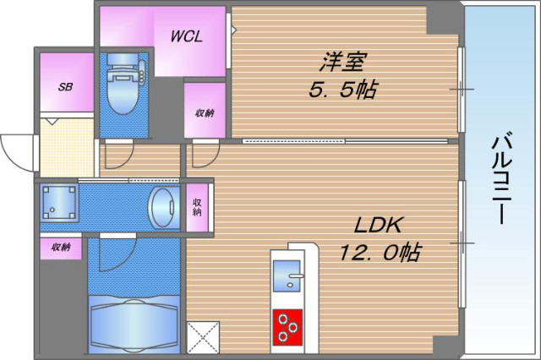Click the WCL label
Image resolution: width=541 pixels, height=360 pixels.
186,36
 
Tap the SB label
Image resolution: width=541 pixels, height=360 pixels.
66,86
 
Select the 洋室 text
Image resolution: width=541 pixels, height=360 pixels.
342,62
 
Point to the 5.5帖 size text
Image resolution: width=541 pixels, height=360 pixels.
342,90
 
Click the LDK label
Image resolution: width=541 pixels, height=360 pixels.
378,226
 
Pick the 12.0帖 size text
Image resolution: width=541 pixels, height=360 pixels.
380,252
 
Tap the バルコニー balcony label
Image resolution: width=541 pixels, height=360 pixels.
501,178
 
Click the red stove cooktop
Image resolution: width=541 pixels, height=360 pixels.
287,327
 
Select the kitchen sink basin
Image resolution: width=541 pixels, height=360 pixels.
287,275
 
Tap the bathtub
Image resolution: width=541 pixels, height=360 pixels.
134,324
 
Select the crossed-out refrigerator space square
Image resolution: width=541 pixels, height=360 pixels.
203,337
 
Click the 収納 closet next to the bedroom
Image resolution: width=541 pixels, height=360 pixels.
205,111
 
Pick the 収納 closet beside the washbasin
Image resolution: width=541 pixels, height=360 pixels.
197,208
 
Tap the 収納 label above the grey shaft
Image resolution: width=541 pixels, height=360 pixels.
61,247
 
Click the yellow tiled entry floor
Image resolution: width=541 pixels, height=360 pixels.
68,148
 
